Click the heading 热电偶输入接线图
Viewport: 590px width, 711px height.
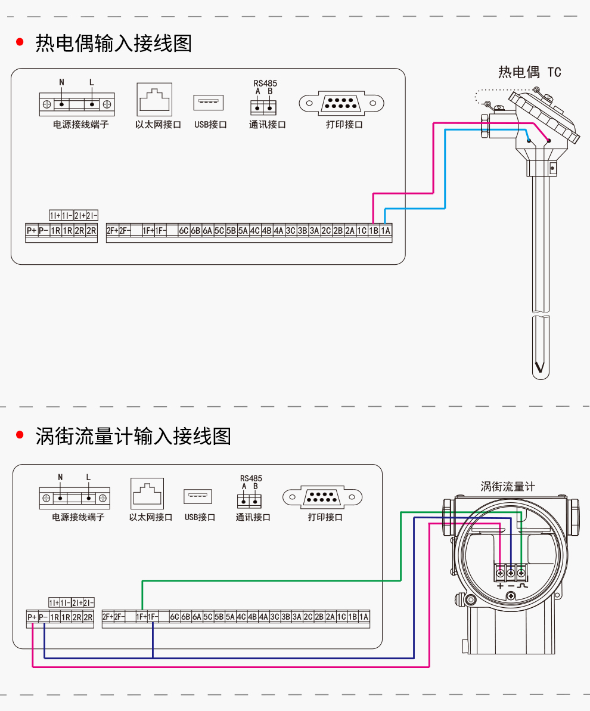pos(114,44)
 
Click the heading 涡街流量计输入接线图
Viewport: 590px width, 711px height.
pos(133,436)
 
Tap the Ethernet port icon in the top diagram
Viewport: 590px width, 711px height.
pos(154,100)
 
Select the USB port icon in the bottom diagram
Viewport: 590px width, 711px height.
pos(198,496)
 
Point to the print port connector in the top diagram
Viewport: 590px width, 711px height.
pos(341,103)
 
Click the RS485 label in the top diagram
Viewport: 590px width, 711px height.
pos(265,84)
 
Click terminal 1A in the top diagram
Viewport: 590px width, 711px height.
pos(386,231)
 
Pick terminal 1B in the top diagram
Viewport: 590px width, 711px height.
pos(374,231)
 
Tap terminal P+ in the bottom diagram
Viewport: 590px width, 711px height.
pos(32,617)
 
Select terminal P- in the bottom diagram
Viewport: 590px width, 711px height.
pos(44,617)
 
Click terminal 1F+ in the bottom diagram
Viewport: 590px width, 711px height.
pos(142,617)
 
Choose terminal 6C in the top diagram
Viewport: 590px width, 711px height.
pos(184,231)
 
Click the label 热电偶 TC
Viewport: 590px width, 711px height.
pos(530,72)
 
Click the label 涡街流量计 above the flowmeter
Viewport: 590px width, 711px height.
pos(508,487)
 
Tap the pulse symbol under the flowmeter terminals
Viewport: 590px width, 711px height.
pos(523,586)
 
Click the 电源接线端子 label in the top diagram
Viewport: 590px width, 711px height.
pos(81,124)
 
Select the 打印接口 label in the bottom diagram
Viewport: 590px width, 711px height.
pos(325,517)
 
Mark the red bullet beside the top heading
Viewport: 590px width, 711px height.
pos(20,42)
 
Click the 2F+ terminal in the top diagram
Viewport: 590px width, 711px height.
pos(112,231)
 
